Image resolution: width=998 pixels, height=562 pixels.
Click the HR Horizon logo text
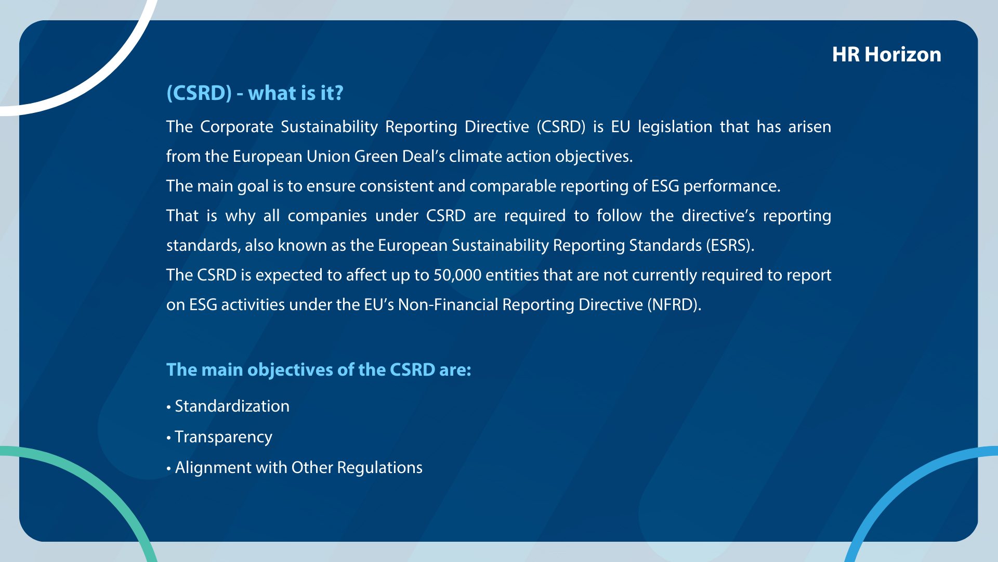point(886,55)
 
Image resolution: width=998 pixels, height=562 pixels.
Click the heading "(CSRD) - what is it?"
point(255,93)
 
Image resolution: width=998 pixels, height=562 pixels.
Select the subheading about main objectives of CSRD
point(319,369)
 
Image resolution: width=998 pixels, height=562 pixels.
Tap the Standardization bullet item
point(228,406)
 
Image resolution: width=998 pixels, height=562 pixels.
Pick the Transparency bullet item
point(219,437)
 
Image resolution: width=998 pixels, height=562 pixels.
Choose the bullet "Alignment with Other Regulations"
point(294,467)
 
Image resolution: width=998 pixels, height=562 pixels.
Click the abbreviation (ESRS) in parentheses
point(730,246)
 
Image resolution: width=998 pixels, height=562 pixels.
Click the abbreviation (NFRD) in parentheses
point(674,305)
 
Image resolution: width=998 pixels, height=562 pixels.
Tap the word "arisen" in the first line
point(810,127)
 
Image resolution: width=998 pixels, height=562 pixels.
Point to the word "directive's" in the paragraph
point(718,215)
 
